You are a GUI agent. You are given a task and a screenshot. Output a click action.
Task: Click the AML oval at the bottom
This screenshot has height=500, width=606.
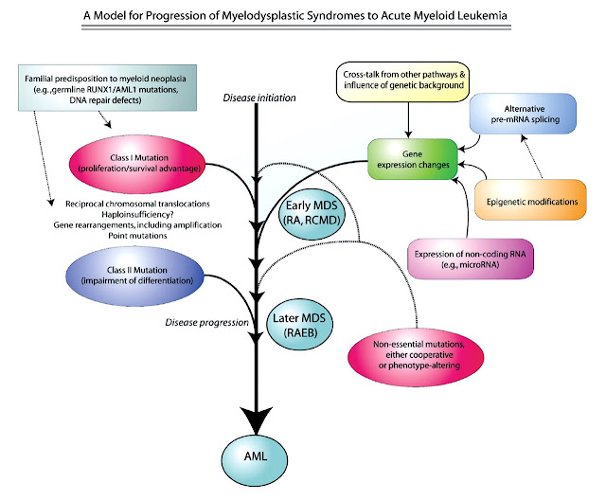[x=255, y=458]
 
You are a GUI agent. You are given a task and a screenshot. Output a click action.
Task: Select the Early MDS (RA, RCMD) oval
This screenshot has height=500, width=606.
[x=312, y=213]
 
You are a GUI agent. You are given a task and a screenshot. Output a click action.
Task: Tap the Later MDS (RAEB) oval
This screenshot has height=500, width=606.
[x=300, y=325]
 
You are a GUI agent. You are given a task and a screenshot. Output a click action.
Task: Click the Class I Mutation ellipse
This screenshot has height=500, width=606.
[x=137, y=164]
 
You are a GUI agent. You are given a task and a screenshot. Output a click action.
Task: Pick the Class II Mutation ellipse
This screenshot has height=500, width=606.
[x=134, y=276]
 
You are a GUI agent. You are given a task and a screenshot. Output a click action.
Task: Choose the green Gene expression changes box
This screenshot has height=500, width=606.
[x=413, y=159]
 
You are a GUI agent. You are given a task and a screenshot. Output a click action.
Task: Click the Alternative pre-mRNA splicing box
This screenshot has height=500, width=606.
[x=523, y=114]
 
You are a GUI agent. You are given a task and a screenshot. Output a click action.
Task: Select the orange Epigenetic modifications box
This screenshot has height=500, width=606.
[x=531, y=200]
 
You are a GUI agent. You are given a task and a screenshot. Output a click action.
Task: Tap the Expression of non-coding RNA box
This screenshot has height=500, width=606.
[x=471, y=259]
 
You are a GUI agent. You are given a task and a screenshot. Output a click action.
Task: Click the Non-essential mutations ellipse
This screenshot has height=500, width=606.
[x=416, y=355]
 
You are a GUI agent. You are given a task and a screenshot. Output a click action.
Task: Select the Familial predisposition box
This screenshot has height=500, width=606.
[x=107, y=88]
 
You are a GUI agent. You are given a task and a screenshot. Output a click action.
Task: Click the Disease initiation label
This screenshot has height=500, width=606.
[x=259, y=98]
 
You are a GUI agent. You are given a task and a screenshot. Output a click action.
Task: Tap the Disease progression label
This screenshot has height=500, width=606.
[x=206, y=322]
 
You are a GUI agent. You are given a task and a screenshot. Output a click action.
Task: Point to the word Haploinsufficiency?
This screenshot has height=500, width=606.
[x=137, y=214]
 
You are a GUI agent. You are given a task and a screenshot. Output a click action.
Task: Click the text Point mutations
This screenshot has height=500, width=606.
[x=137, y=236]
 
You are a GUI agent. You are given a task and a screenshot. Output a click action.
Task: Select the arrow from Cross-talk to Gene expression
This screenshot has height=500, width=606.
[x=408, y=119]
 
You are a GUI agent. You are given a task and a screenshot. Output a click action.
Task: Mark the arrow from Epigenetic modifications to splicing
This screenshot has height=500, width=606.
[x=531, y=156]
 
